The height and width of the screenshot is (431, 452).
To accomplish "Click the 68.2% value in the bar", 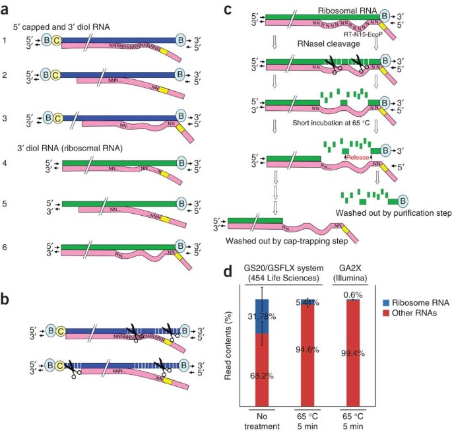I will (x=263, y=376).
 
